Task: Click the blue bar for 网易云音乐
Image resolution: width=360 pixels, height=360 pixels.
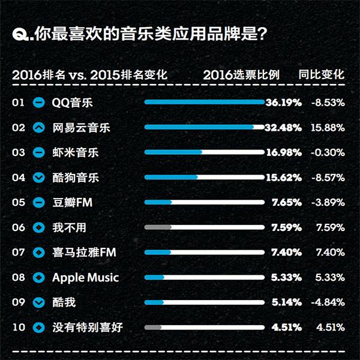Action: [x=199, y=127]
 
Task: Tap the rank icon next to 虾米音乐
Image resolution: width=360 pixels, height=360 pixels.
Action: [x=39, y=152]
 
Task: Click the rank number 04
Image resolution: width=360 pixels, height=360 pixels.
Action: [x=18, y=178]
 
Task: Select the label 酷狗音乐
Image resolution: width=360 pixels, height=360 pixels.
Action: [x=76, y=178]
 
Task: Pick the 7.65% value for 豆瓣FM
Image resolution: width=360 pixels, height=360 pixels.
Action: [x=287, y=202]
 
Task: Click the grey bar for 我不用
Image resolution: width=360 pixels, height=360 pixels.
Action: [x=158, y=227]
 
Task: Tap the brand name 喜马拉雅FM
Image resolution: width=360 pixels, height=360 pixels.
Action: [x=84, y=253]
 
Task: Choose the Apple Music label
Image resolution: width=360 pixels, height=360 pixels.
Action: [x=85, y=277]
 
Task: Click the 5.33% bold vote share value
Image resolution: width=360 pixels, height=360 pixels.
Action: [x=287, y=277]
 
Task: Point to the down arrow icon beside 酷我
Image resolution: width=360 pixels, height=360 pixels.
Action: [x=39, y=302]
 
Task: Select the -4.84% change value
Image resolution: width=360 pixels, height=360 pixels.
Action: [x=328, y=302]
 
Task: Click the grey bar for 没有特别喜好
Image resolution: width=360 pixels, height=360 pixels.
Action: [x=153, y=327]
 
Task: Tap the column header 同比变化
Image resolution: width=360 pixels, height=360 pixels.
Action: [x=322, y=75]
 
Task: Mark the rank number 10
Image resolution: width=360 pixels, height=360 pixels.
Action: [x=18, y=327]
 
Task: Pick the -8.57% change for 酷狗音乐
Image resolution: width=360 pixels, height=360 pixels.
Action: [x=328, y=178]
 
